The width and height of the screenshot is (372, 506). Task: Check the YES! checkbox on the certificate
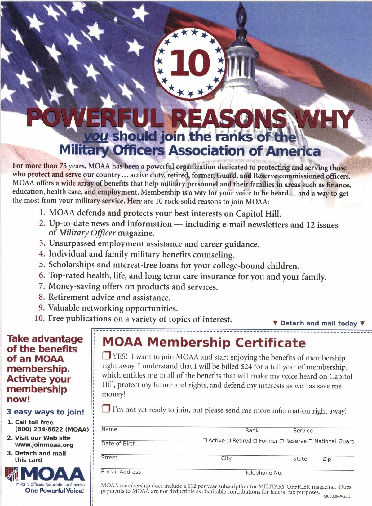(x=106, y=355)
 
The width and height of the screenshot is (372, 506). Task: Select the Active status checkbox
(x=205, y=441)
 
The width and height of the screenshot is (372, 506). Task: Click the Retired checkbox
(x=229, y=441)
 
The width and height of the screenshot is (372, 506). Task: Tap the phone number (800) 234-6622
(x=52, y=429)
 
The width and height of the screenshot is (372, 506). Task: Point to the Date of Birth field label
(x=118, y=443)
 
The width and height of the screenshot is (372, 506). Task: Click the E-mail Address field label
(x=121, y=472)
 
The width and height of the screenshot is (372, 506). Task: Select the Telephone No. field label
(x=264, y=473)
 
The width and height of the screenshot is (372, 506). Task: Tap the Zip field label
(x=327, y=459)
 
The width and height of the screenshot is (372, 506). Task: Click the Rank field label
(x=252, y=430)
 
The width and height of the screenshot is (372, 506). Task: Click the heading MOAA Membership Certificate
(x=204, y=343)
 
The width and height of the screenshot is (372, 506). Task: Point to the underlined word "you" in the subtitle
(x=96, y=137)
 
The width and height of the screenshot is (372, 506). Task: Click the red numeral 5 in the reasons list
(x=42, y=265)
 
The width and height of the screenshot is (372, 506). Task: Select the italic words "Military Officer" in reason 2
(x=87, y=233)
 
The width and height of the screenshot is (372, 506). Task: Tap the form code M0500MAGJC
(x=337, y=496)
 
